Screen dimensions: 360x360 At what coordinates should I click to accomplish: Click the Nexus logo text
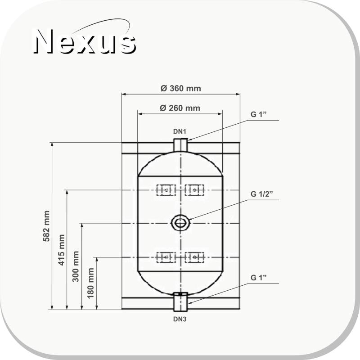[x=85, y=42]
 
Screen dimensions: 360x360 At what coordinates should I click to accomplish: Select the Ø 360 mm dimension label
[x=180, y=88]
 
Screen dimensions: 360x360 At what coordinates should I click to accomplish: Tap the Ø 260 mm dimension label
[x=180, y=108]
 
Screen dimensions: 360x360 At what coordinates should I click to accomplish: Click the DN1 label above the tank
[x=180, y=131]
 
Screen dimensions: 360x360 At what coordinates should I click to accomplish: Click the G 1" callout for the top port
[x=259, y=114]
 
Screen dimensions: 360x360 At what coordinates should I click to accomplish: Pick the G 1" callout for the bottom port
[x=259, y=277]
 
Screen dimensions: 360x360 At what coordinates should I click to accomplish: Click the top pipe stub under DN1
[x=180, y=145]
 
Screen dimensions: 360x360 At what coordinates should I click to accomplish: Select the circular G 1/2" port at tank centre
[x=180, y=222]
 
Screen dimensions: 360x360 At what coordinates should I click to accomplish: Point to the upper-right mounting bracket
[x=194, y=190]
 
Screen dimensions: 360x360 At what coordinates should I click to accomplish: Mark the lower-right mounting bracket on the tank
[x=194, y=257]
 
